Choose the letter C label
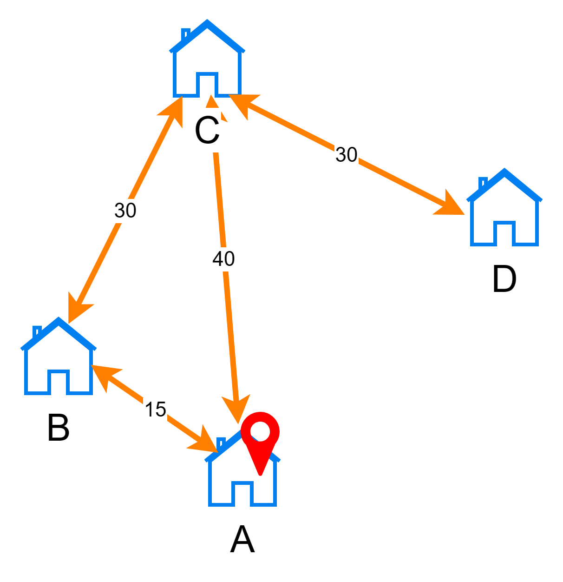tap(207, 132)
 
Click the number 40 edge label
tap(223, 259)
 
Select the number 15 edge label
tap(155, 410)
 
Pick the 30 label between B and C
tap(125, 211)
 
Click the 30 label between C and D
tap(347, 155)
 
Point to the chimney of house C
tap(185, 34)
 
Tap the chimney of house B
tap(37, 331)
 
